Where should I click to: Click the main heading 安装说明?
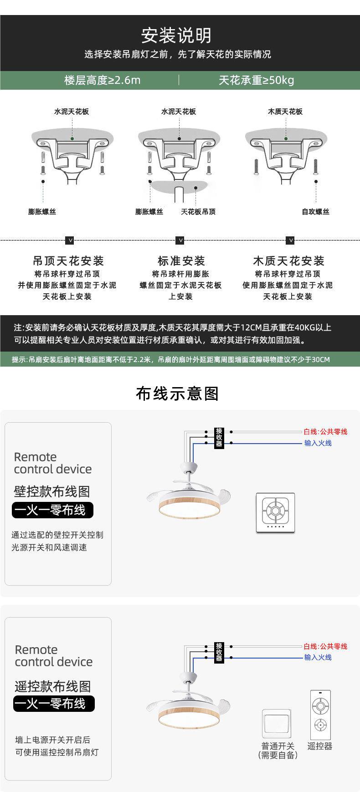click(176, 35)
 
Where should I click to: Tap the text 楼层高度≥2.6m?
click(103, 80)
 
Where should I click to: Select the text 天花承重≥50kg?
click(256, 80)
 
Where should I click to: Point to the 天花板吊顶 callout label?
click(198, 211)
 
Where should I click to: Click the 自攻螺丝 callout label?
click(315, 211)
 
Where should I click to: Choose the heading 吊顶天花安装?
click(68, 261)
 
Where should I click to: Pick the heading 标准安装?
click(181, 261)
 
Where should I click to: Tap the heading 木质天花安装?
click(288, 261)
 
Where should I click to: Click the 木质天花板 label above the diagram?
click(285, 112)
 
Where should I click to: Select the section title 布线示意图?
click(177, 393)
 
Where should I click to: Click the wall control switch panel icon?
click(275, 513)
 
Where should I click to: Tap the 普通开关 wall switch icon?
click(277, 723)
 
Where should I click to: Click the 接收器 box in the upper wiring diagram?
click(219, 438)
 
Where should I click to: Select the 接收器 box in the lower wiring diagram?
click(219, 652)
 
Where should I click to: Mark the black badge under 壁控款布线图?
click(52, 510)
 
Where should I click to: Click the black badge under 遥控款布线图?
click(54, 704)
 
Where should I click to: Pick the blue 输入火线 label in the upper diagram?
click(318, 443)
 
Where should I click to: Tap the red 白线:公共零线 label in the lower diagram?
click(325, 646)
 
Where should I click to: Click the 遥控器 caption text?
click(320, 746)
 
